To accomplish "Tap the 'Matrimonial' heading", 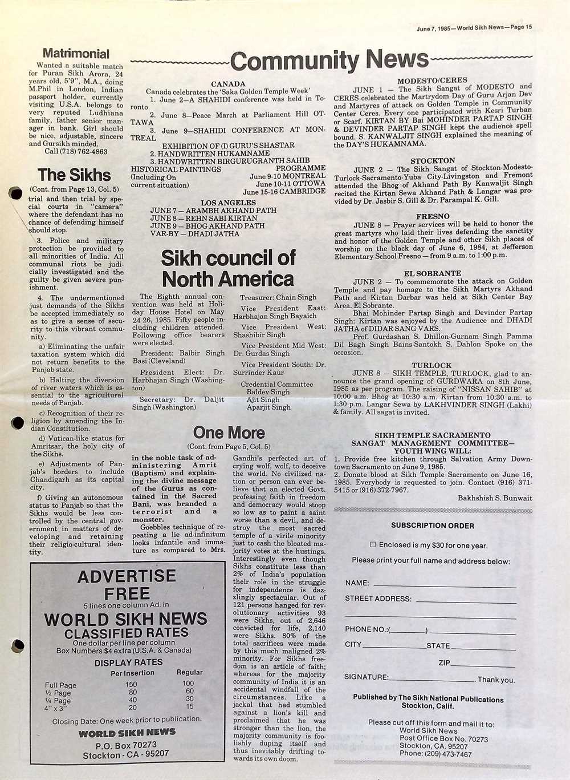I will click(76, 54).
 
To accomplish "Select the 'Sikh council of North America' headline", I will click(228, 268).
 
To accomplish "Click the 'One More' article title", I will click(229, 433).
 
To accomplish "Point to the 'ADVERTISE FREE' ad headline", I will click(127, 584).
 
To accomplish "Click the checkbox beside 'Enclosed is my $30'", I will click(373, 545).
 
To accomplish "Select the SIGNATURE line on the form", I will click(431, 679).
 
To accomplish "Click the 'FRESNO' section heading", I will click(433, 216).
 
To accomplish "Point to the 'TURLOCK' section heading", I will click(431, 365).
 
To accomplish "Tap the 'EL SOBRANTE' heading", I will click(432, 273).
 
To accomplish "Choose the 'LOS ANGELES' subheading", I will click(228, 203).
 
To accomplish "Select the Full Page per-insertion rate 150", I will click(131, 684).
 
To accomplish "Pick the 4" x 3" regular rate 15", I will click(189, 706).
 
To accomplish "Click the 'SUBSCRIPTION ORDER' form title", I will click(432, 526).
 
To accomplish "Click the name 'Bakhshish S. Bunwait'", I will click(494, 498).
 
